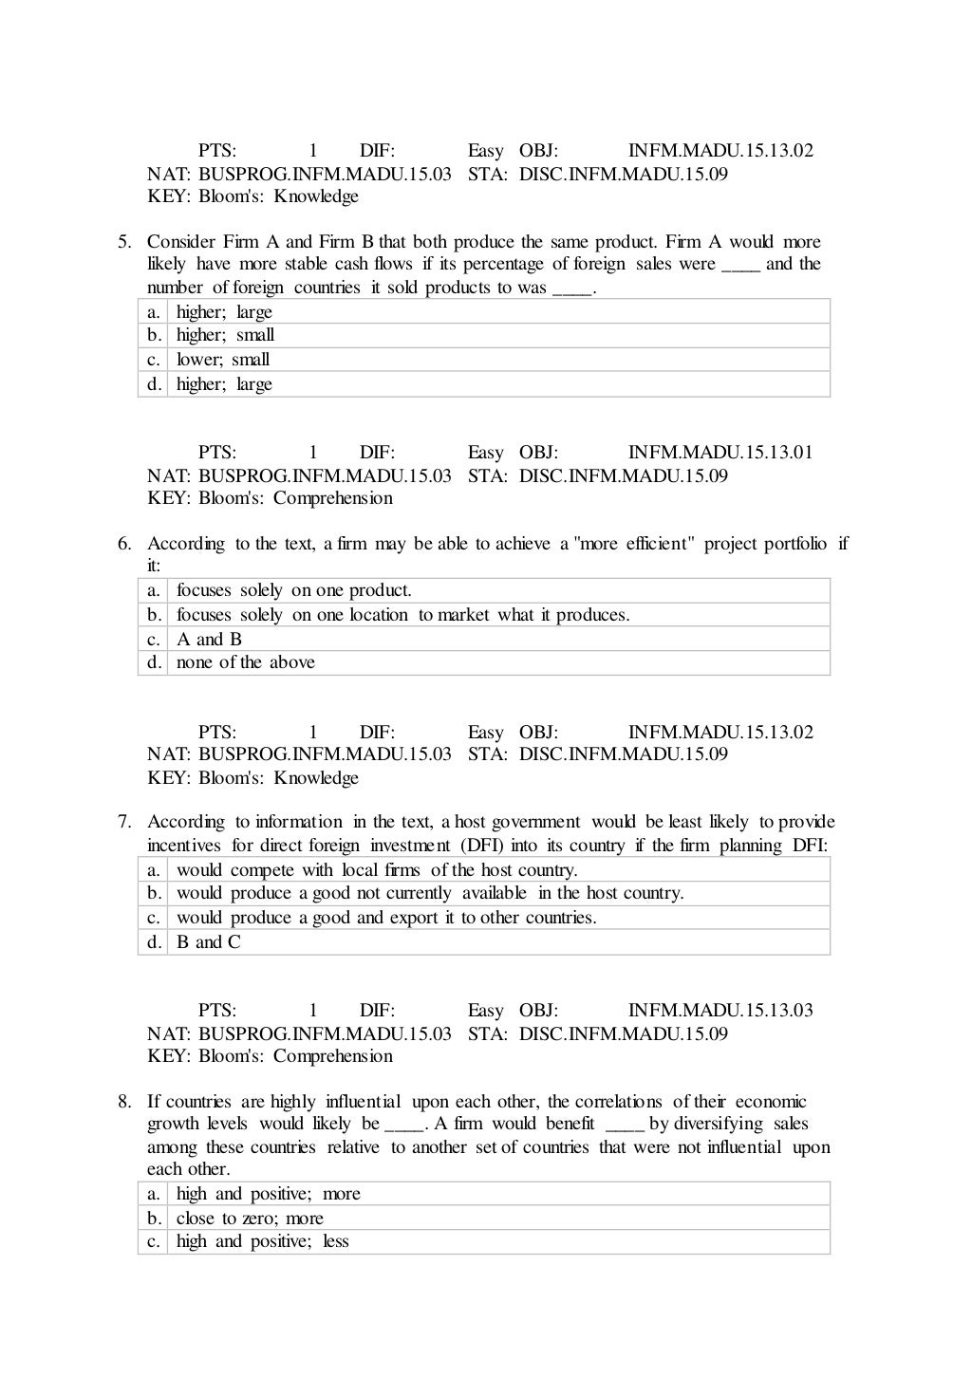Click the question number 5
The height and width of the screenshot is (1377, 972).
coord(124,242)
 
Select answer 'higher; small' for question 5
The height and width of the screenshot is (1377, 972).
coord(225,335)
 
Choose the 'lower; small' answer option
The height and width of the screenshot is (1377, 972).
coord(223,360)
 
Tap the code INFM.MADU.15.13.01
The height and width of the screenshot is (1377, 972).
coord(720,453)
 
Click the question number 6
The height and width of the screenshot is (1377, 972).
coord(124,544)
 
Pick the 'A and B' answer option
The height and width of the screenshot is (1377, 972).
coord(209,640)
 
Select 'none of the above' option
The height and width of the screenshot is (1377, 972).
coord(245,662)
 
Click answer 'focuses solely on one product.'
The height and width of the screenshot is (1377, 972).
coord(294,590)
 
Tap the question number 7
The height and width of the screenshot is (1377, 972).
coord(124,822)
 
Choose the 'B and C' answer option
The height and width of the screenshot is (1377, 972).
coord(209,942)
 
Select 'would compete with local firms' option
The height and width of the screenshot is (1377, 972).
coord(377,870)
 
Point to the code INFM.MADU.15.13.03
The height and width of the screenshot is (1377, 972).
coord(720,1011)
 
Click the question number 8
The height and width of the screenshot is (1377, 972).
coord(124,1102)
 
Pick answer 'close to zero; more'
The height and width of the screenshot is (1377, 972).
coord(250,1219)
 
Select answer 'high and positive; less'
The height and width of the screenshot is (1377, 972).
coord(263,1242)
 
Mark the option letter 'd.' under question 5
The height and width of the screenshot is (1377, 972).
coord(154,384)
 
